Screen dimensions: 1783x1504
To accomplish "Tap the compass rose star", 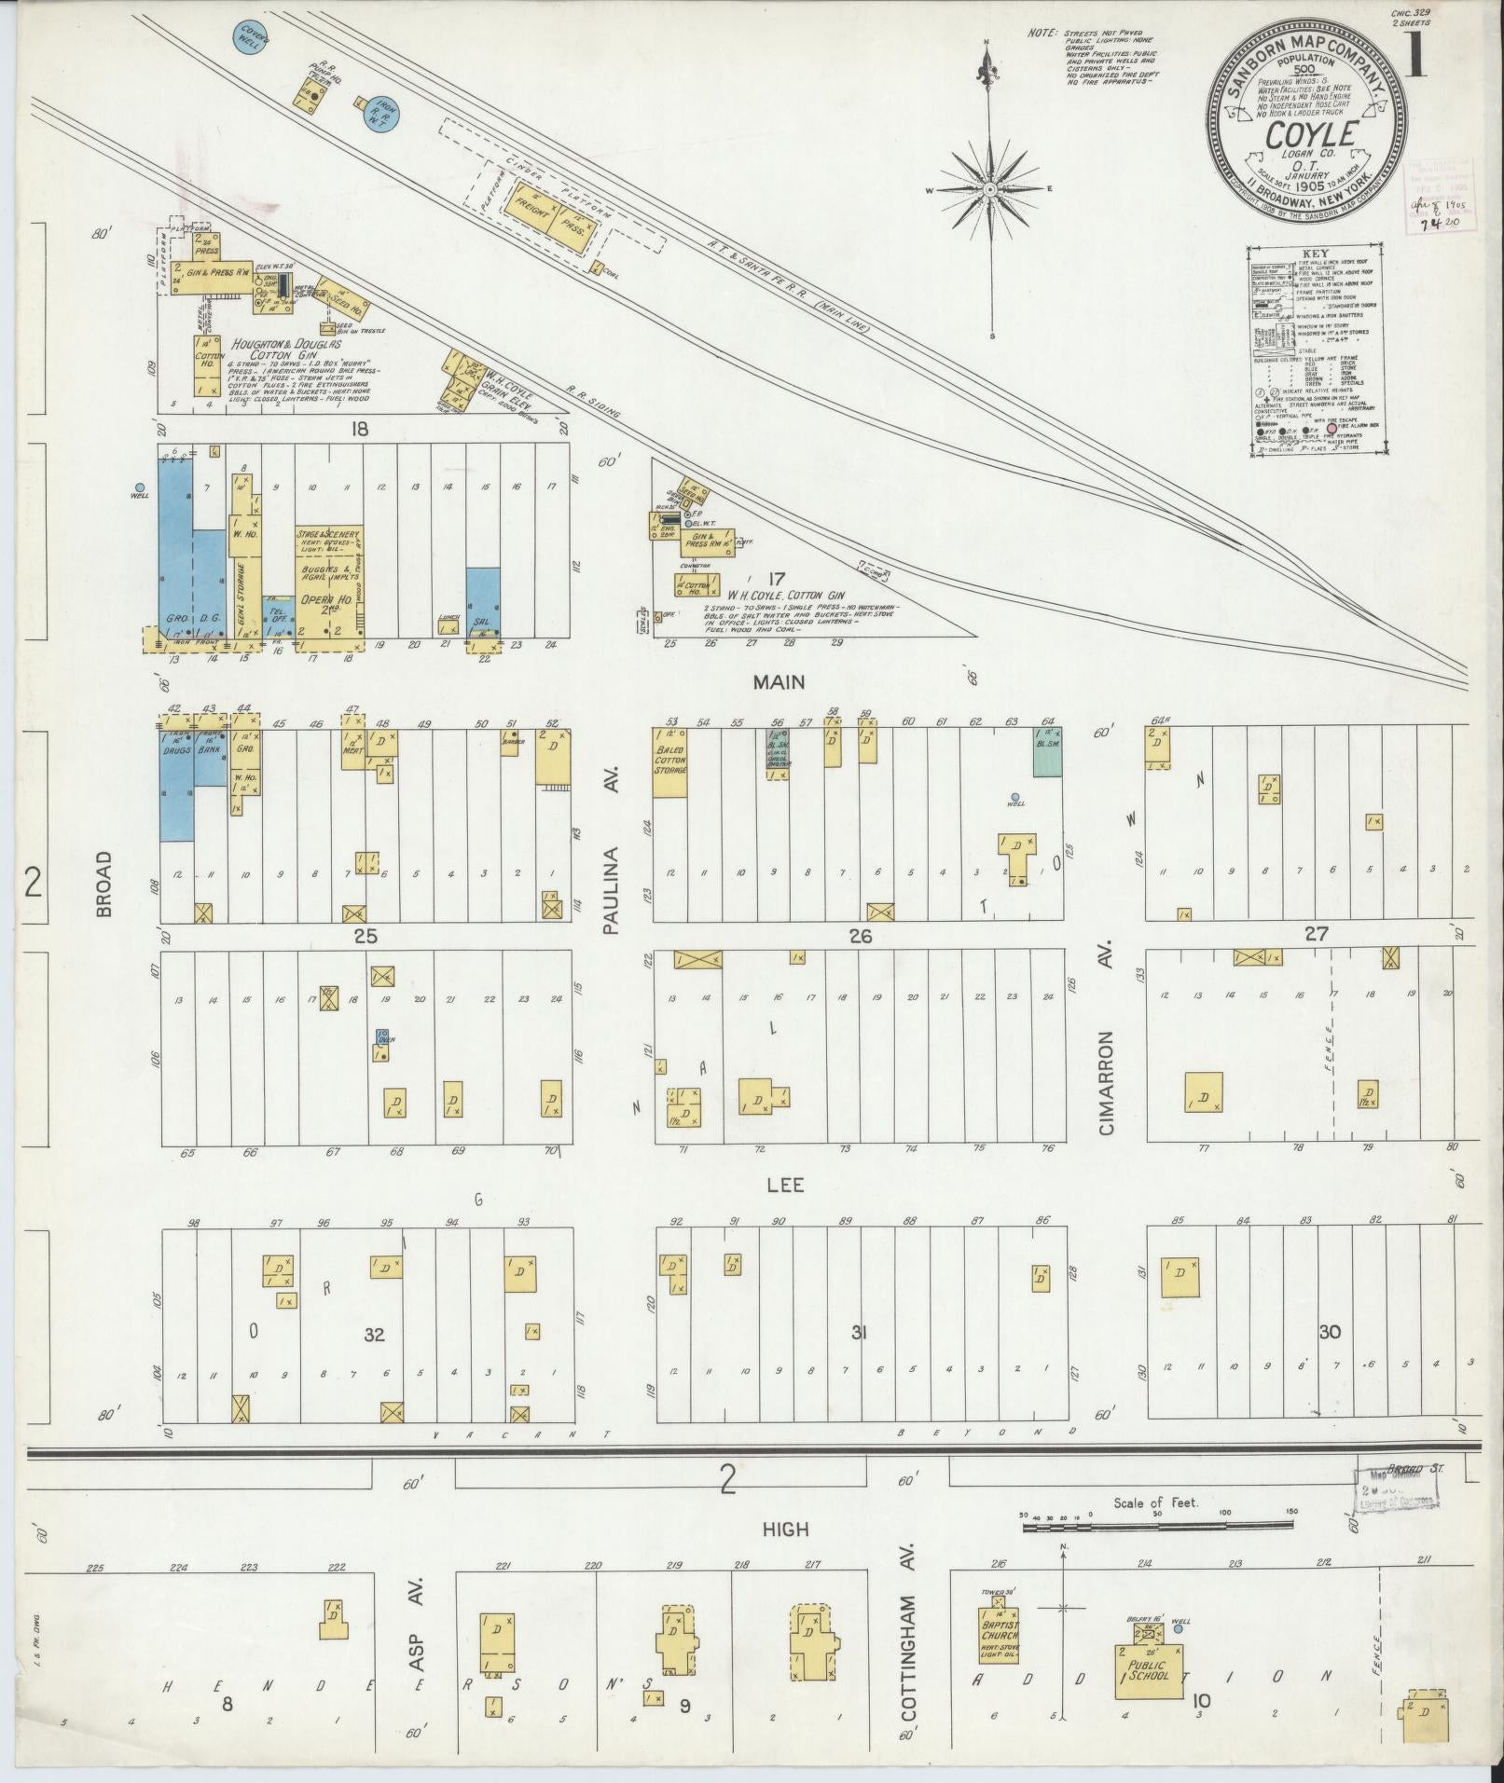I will tap(990, 189).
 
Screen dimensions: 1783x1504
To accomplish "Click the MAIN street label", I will tap(779, 682).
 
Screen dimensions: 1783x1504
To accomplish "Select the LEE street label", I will tap(785, 1186).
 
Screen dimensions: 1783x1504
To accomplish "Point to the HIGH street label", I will tap(785, 1529).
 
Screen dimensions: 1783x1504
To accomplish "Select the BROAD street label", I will tap(103, 882).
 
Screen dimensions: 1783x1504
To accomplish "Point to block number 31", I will tap(859, 1334).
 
